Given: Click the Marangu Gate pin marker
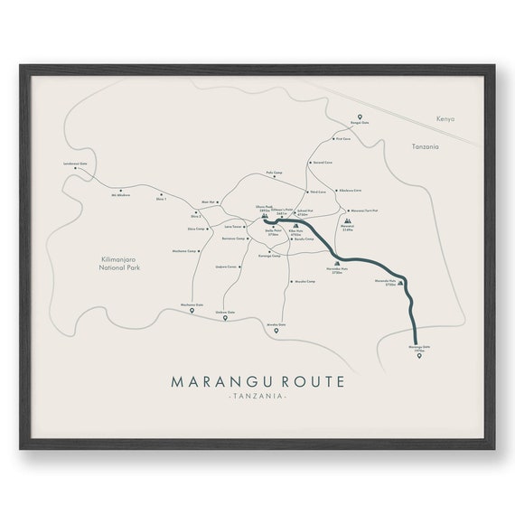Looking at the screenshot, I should click(418, 354).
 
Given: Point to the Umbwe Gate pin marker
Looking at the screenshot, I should click(225, 319).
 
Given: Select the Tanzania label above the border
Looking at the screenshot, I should click(425, 146).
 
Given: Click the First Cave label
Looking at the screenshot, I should click(342, 139).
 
